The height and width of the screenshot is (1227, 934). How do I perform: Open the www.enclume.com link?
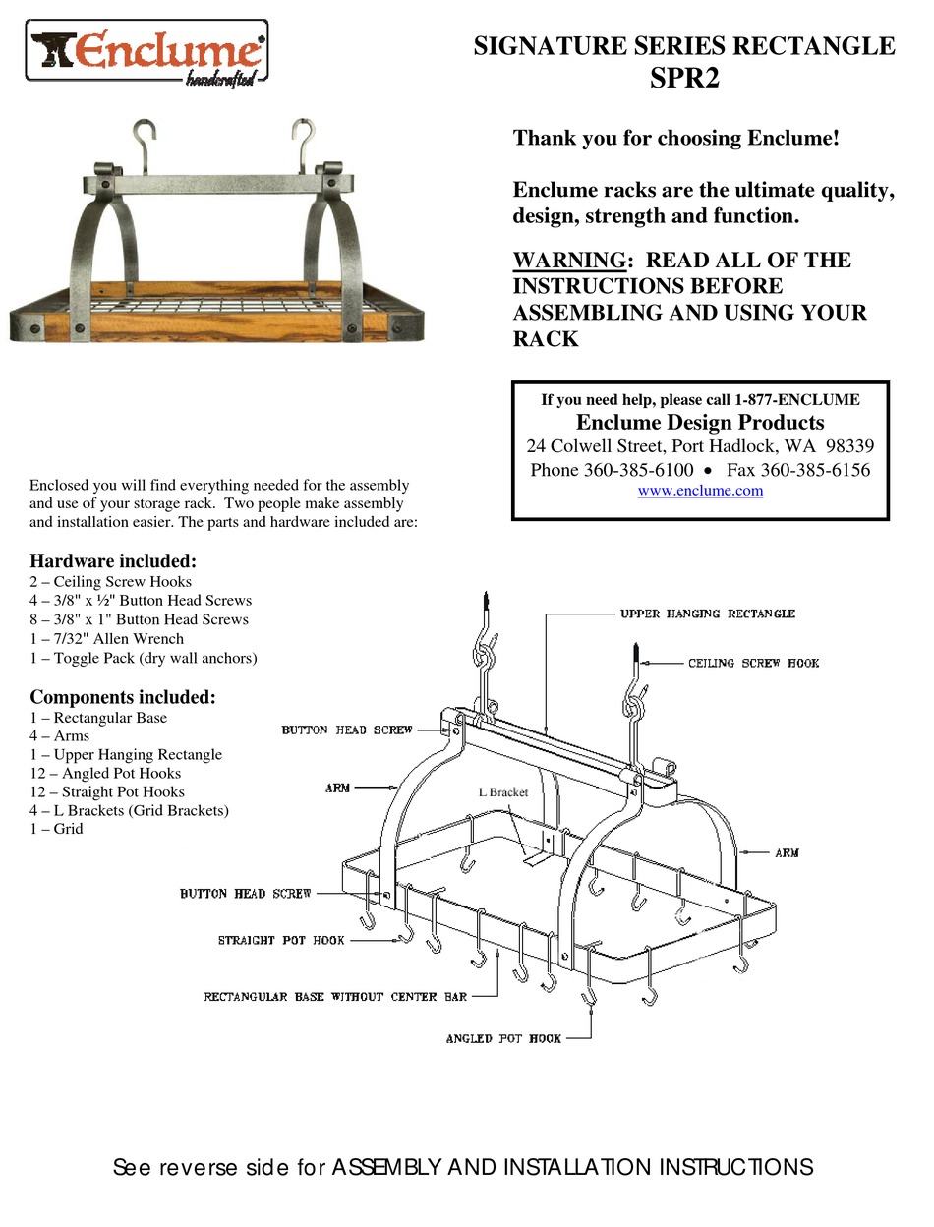(700, 491)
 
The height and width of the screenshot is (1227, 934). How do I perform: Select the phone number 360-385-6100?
(638, 470)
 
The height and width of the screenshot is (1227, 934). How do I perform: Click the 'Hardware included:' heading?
(113, 561)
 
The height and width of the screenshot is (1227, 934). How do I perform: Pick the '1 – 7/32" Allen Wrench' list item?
(106, 639)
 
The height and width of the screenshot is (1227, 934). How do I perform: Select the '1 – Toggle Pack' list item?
(143, 658)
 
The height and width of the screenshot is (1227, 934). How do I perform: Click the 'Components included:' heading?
(122, 697)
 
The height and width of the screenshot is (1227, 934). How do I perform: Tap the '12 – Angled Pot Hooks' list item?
(105, 774)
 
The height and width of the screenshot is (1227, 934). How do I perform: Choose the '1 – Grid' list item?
(56, 829)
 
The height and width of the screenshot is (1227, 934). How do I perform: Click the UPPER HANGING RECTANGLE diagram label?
(707, 614)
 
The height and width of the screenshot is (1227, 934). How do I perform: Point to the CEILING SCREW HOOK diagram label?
(753, 664)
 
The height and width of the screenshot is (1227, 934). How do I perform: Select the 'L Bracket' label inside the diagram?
(503, 791)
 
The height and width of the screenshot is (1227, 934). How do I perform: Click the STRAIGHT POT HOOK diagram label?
(281, 941)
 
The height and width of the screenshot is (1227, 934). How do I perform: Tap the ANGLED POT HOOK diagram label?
(503, 1039)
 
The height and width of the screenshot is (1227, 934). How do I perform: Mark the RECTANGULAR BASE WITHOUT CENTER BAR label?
(335, 997)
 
